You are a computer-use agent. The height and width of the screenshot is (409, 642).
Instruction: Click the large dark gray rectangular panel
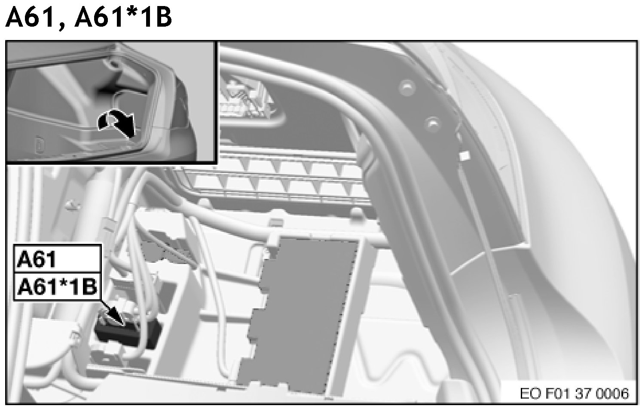[298, 316]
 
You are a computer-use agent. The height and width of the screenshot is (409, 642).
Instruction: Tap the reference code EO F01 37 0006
[575, 394]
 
